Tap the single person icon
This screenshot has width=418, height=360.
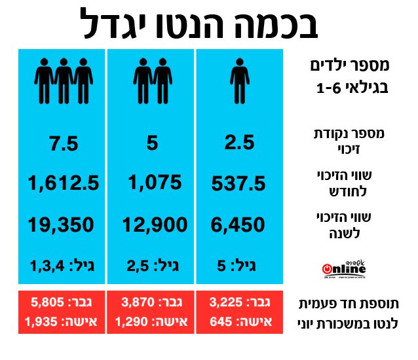pos(239,79)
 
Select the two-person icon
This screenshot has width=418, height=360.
pos(152,79)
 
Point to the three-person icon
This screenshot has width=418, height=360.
pos(63,79)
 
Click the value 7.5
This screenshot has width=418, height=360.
pos(64,143)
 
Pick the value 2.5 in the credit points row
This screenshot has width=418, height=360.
pos(239,143)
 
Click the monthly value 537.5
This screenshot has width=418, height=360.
pos(238,185)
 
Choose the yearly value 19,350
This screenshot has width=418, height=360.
pos(63,226)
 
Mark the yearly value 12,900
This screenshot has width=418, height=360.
pos(151,226)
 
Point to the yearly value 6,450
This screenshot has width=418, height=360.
pos(238,226)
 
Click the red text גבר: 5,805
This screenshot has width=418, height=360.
pos(63,302)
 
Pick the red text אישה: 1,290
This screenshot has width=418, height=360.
pos(151,321)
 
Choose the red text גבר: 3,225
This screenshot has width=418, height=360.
pos(238,302)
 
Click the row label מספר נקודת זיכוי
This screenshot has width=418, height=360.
pos(352,141)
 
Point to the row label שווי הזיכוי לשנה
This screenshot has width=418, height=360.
pos(352,225)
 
